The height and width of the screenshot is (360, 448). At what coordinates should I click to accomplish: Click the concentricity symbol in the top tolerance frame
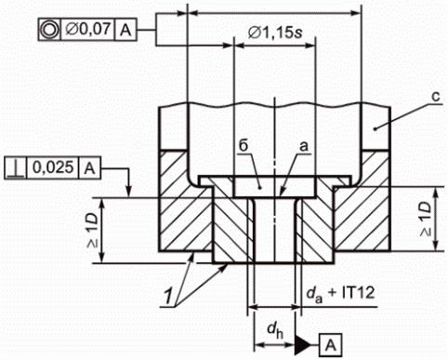49,30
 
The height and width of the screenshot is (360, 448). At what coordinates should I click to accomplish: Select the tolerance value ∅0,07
88,29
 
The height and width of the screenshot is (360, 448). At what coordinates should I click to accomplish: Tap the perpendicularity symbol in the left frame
16,168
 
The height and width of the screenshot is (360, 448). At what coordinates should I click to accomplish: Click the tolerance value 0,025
53,167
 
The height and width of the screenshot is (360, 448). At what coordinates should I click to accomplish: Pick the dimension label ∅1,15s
275,33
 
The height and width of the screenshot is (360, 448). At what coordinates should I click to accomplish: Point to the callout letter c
436,97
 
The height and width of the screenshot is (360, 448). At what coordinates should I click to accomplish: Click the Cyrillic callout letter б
244,145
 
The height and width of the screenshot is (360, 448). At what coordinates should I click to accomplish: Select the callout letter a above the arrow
304,147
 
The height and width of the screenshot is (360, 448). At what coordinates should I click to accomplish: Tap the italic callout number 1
168,297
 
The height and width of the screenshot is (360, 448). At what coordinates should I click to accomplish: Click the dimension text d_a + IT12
340,292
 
